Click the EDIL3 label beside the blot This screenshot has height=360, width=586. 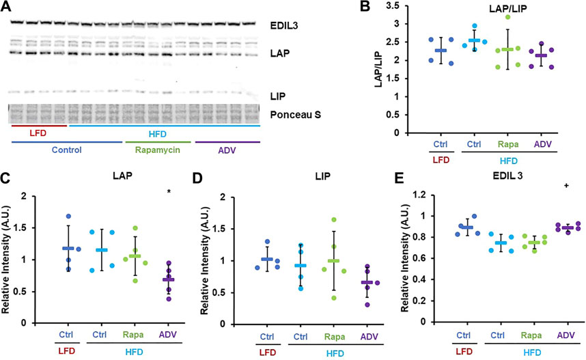pos(284,25)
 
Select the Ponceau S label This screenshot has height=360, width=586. pos(295,114)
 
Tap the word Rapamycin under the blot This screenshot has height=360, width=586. pos(157,150)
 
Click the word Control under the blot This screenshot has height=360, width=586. pos(66,150)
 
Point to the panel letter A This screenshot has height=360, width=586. pos(5,5)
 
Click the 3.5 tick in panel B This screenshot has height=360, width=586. pos(393,6)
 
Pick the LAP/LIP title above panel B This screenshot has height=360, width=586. pos(508,9)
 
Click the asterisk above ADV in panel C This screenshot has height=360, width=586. pos(169,192)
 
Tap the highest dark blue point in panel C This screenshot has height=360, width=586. pos(68,216)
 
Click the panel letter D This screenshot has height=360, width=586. pos(197,178)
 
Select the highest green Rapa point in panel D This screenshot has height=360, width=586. pos(334,219)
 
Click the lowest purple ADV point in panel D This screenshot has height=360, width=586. pos(367,305)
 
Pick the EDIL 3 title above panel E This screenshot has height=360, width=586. pos(507,176)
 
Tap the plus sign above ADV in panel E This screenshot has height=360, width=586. pos(567,185)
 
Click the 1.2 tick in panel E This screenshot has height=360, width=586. pos(419,195)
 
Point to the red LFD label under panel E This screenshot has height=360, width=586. pos(464,352)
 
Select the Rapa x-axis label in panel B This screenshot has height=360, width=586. pos(508,144)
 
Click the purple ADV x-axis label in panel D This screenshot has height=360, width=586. pos(369,337)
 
